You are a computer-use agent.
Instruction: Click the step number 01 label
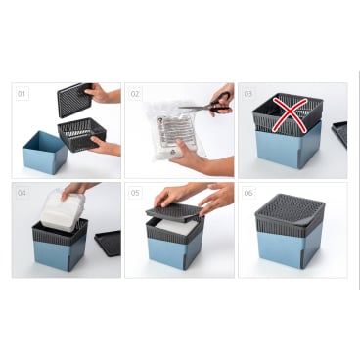[x=22, y=94]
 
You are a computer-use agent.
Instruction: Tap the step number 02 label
[x=135, y=94]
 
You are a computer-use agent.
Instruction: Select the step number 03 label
[x=248, y=94]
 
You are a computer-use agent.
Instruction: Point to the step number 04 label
[x=22, y=193]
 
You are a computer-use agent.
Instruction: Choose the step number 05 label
[x=135, y=193]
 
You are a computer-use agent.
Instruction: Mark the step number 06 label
[x=248, y=193]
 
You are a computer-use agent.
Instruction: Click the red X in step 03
[x=291, y=114]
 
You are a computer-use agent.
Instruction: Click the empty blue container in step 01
[x=45, y=152]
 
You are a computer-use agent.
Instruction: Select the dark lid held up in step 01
[x=75, y=100]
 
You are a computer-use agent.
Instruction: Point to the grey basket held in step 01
[x=82, y=134]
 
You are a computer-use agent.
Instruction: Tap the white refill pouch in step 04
[x=63, y=210]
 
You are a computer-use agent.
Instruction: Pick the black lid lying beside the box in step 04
[x=108, y=243]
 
